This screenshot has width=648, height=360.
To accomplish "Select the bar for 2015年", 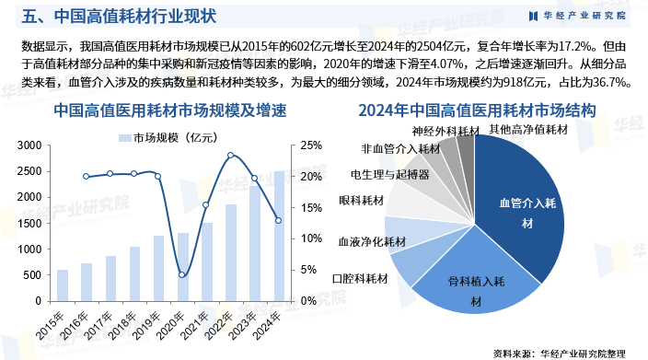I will (62, 285).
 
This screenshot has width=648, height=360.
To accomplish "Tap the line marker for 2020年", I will (182, 274).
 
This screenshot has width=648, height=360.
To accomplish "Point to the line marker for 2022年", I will (230, 156).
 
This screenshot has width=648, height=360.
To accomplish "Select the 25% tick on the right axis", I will (310, 145).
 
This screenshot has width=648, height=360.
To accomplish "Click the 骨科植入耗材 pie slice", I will (471, 284).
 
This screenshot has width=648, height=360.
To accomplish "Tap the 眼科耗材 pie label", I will (362, 201).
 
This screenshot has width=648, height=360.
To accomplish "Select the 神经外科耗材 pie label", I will (445, 132).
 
